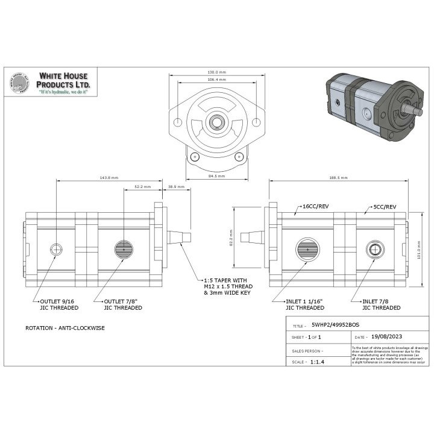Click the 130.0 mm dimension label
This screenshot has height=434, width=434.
216,72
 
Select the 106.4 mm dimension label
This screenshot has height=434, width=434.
216,80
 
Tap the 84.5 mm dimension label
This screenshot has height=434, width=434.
216,176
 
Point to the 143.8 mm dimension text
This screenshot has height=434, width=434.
109,178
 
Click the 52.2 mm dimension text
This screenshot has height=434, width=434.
142,187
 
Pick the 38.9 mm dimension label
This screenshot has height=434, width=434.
176,187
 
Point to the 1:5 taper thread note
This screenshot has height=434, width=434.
226,286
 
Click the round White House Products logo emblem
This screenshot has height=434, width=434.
20,85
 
